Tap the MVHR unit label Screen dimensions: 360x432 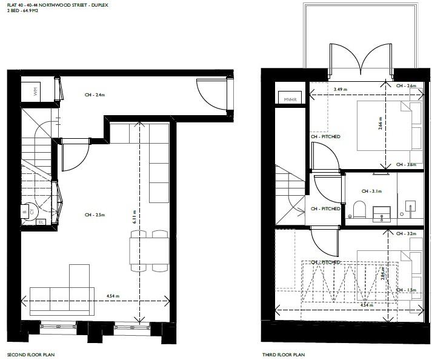288,99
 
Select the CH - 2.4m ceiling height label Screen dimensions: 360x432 96,95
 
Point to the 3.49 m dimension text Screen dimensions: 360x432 342,90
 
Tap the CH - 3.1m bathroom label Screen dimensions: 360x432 370,191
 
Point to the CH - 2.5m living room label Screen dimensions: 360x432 96,215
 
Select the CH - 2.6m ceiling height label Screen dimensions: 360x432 407,86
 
